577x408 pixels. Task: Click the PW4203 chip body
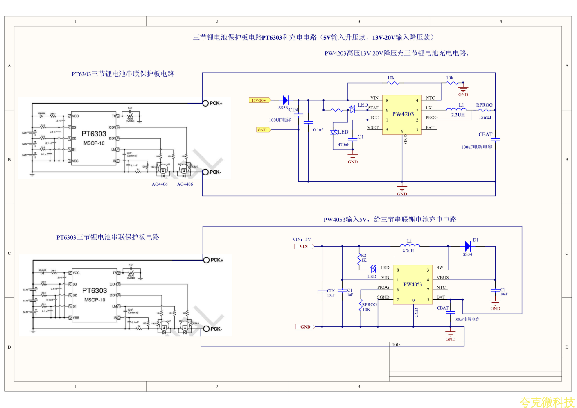coord(403,115)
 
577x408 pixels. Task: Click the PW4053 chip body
coord(412,285)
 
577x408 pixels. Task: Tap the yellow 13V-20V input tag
coord(259,100)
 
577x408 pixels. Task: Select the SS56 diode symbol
coord(286,100)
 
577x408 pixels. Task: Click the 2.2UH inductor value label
coord(458,115)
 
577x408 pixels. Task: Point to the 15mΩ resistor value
coord(485,117)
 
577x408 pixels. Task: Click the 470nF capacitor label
coord(343,145)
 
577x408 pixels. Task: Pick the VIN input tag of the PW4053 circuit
coord(304,246)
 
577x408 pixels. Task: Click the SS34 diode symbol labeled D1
coord(468,246)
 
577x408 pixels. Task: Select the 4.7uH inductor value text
coord(408,251)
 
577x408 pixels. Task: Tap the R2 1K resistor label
coord(363,258)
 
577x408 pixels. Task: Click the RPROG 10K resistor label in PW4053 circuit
coord(369,307)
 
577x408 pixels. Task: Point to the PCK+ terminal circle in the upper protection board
coord(205,103)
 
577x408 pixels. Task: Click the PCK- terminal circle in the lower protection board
coord(206,329)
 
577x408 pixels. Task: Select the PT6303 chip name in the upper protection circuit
coord(94,134)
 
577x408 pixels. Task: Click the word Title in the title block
coord(396,345)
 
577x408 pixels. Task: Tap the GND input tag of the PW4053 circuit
coord(305,327)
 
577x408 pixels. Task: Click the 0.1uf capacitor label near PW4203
coord(318,130)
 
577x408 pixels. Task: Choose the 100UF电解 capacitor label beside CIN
coord(280,120)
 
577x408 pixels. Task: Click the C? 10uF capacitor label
coord(504,292)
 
